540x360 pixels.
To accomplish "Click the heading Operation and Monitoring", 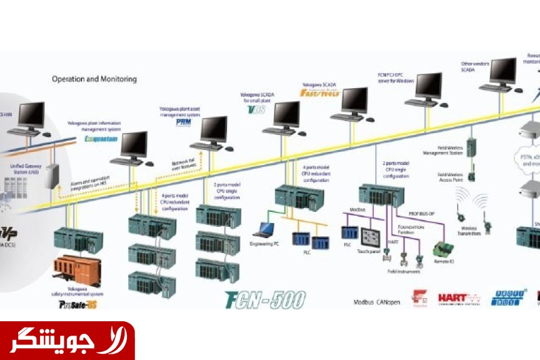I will (94, 79).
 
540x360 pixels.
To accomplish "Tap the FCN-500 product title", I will (265, 301).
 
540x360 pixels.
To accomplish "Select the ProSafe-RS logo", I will (78, 304).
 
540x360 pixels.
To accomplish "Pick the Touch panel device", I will (371, 237).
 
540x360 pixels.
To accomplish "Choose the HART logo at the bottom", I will (459, 298).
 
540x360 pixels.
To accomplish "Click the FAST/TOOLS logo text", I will (320, 93).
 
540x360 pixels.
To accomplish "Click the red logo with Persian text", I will (67, 341).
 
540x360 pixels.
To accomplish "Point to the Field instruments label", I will (403, 271).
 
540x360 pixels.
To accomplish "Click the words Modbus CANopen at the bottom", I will (376, 301).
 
